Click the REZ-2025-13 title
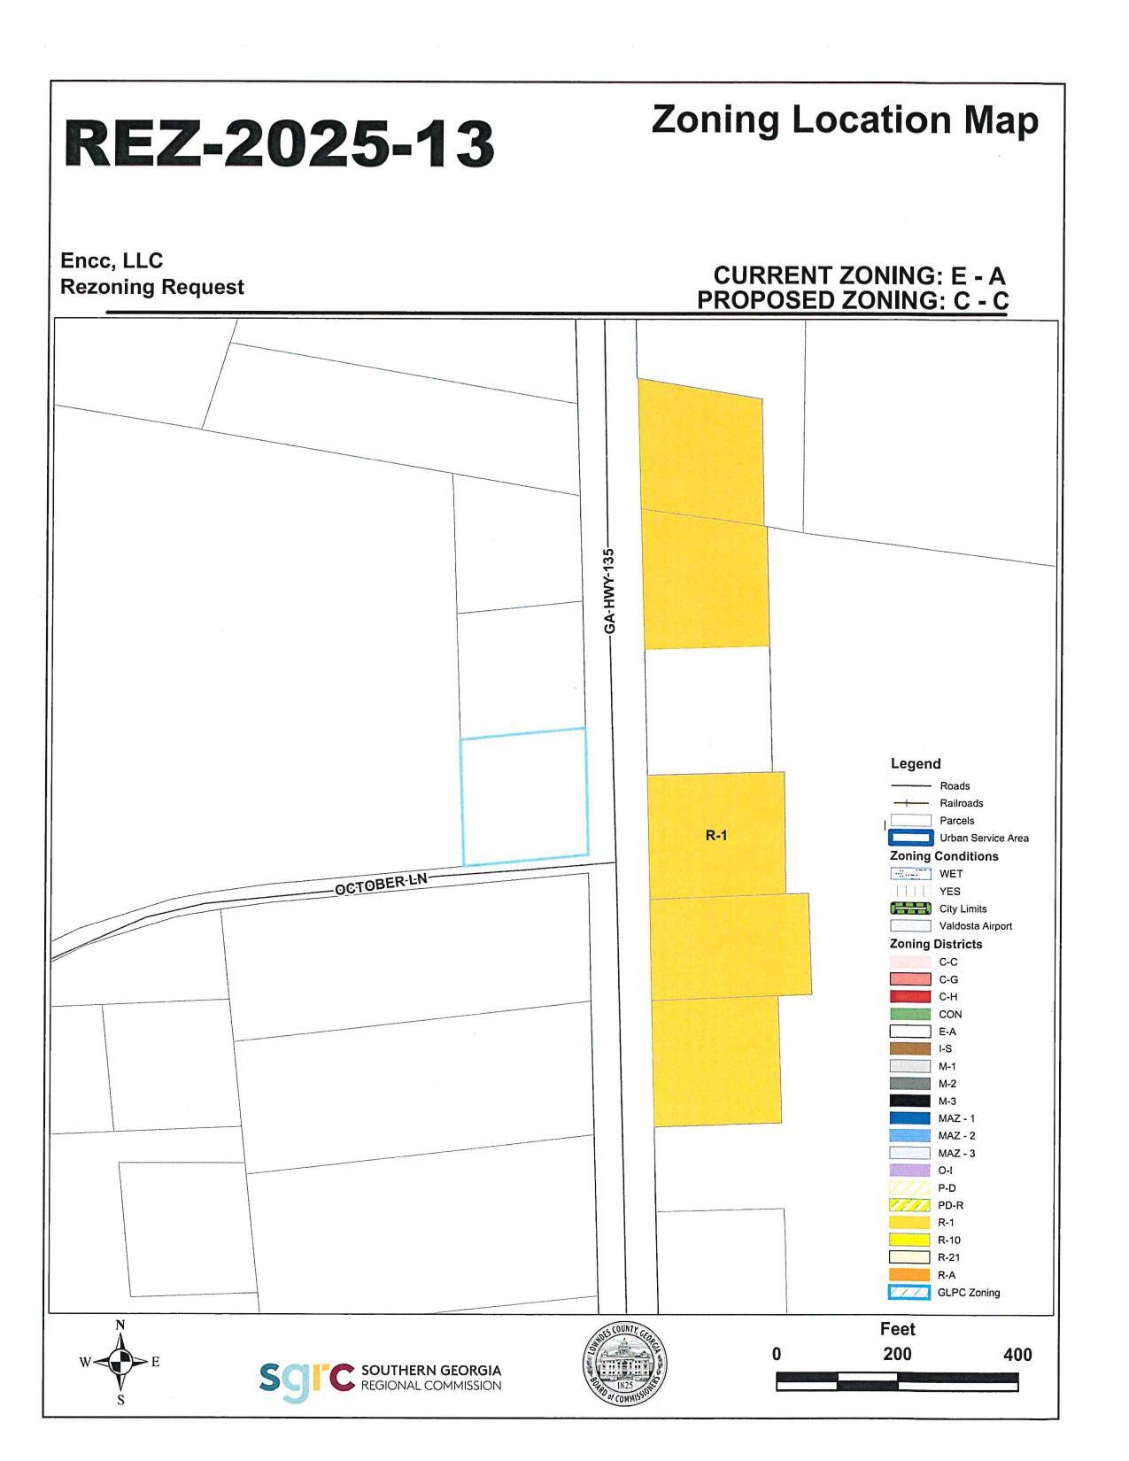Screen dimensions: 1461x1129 279,143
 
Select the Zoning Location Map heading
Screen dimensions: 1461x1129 844,120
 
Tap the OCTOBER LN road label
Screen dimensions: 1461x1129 381,884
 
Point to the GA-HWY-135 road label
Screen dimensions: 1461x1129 609,591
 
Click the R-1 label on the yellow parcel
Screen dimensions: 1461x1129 715,834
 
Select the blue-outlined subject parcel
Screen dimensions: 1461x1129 524,795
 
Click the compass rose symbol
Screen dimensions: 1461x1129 121,1362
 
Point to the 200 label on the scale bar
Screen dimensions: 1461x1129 897,1354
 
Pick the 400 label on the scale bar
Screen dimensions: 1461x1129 1017,1354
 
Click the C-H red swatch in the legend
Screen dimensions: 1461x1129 909,997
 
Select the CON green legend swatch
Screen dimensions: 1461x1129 909,1014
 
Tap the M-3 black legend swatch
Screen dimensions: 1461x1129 909,1101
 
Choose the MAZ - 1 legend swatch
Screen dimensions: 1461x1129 909,1118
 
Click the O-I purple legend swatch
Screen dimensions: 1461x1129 909,1171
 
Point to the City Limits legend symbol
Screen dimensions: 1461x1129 910,908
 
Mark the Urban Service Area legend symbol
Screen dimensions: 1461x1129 910,838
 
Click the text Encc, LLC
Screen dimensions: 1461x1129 112,260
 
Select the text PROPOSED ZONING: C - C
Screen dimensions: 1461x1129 852,300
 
